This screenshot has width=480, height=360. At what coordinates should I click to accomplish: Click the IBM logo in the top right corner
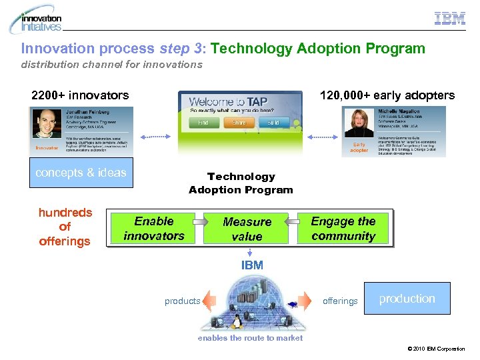coord(450,19)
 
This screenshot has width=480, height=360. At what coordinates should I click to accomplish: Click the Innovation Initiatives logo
coord(36,20)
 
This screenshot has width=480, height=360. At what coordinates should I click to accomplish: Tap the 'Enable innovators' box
coord(154,228)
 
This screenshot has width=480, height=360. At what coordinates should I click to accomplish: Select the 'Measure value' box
coord(247,229)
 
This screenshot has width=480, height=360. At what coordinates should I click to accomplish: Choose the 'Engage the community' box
coord(343,228)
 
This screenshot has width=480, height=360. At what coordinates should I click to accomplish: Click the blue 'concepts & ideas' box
coord(81,173)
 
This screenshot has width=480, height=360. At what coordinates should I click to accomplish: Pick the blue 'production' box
coord(407,299)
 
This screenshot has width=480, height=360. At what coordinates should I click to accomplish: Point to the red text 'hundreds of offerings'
coord(65,227)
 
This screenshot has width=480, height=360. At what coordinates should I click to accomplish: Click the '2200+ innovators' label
coord(80,95)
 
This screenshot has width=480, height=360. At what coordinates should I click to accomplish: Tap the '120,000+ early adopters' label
coord(387,95)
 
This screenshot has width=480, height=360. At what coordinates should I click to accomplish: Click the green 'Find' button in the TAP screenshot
coord(203,123)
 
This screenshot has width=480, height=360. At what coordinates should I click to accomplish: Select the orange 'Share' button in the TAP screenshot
coord(239,123)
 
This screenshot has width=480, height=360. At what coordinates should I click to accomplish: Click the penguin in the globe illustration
coord(235,323)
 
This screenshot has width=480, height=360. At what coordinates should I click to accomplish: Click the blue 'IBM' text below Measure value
coord(252,265)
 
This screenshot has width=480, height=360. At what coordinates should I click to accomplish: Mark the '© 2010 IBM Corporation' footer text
coord(439,349)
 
